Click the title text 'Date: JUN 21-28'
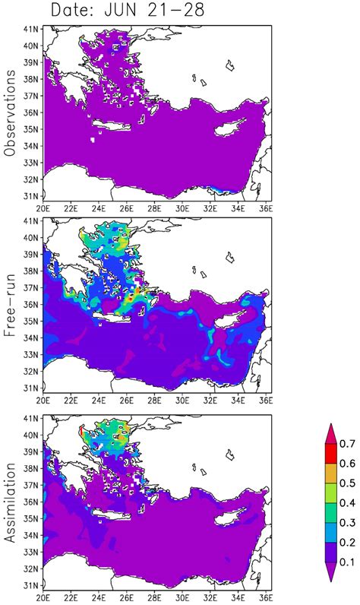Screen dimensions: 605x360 point(125,10)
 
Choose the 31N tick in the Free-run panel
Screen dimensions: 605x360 point(33,387)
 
